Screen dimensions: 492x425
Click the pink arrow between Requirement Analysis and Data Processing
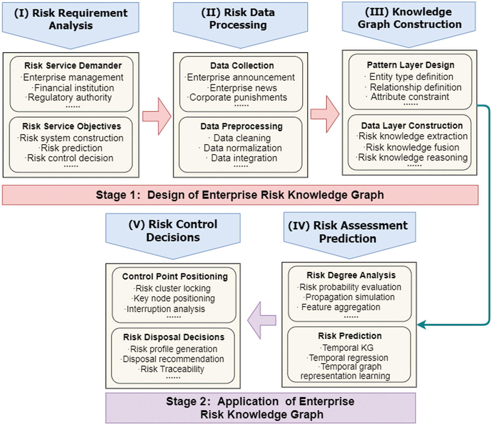[157, 116]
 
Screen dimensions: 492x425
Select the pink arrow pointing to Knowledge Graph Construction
[325, 114]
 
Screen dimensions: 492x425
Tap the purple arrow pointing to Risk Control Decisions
[262, 320]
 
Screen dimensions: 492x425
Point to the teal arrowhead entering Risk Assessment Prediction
[421, 324]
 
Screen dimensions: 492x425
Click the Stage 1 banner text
[240, 195]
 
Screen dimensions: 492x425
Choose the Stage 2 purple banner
[261, 408]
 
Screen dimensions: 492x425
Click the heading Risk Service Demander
[73, 65]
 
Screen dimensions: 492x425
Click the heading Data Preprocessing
[241, 126]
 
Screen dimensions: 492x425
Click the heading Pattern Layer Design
[411, 65]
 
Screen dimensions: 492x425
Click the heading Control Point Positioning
[175, 277]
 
